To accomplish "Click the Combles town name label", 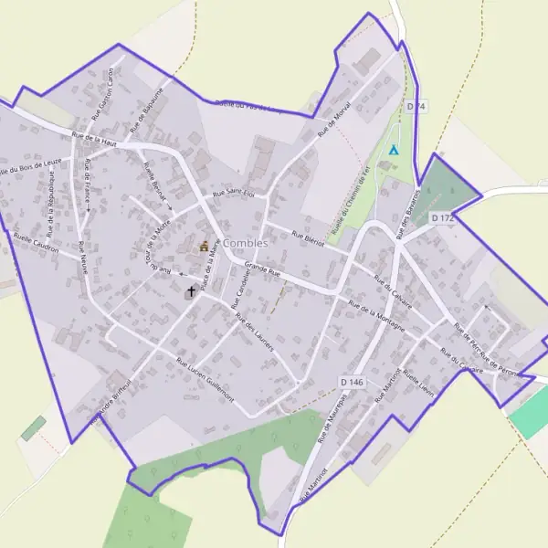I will [x=244, y=243].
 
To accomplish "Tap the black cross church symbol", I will [x=190, y=291].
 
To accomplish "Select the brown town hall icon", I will [x=204, y=245].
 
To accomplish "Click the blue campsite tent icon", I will [x=394, y=149].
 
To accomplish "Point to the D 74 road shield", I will [x=416, y=107].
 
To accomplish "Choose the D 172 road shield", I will [x=441, y=218].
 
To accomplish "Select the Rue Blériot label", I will [x=309, y=239].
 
